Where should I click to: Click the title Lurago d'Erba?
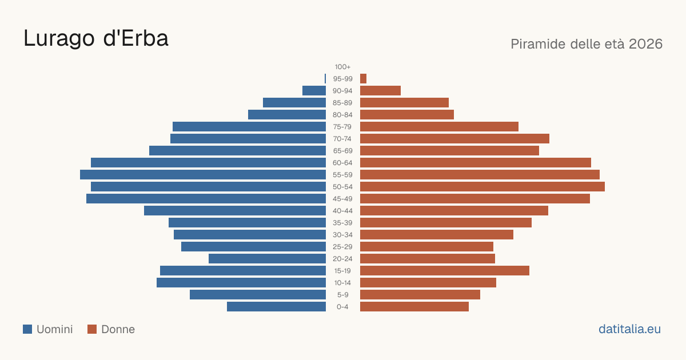(96, 38)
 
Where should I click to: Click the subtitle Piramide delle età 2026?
(587, 44)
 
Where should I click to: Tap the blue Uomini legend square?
(27, 329)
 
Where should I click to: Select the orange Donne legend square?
(92, 329)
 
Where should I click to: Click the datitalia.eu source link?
(629, 329)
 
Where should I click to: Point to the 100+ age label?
(342, 67)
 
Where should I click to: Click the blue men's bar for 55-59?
(203, 174)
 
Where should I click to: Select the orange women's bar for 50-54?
(482, 186)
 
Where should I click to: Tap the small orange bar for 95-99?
(363, 79)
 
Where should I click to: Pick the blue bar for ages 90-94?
(314, 91)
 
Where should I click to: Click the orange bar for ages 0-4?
(414, 306)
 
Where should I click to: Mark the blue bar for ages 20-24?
(267, 259)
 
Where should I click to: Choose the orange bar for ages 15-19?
(445, 271)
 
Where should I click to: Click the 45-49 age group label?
(342, 199)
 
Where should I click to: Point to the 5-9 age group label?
(342, 295)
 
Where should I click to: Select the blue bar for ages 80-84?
(287, 114)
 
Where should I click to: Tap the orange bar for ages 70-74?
(455, 139)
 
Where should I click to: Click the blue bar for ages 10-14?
(241, 282)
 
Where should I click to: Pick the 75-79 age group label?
(342, 127)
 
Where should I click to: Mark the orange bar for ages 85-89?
(404, 102)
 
